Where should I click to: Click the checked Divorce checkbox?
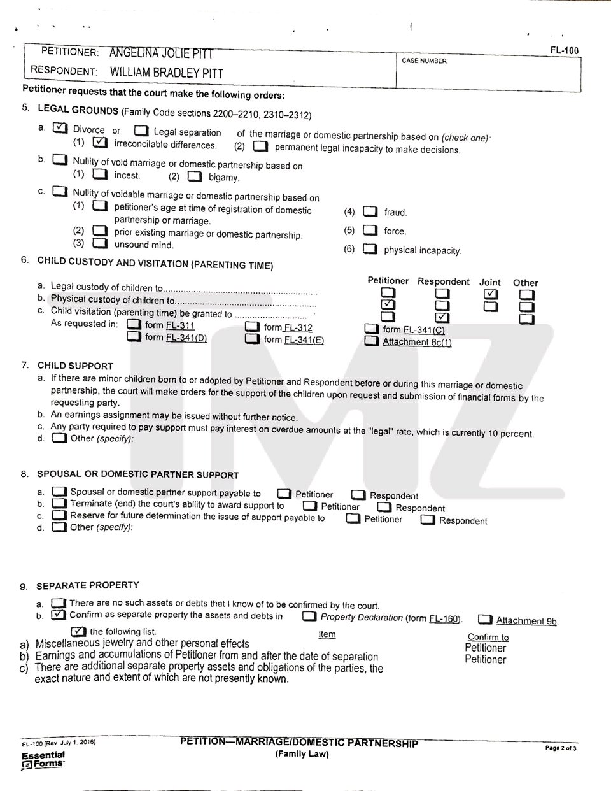click(x=60, y=128)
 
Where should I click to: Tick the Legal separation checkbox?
click(x=141, y=131)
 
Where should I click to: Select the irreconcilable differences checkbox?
click(x=99, y=143)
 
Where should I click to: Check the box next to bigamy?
click(x=195, y=176)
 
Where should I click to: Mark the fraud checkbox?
click(x=370, y=211)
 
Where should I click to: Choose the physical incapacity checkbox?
click(x=370, y=249)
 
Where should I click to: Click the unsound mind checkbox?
click(x=99, y=243)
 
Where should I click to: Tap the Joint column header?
click(x=490, y=282)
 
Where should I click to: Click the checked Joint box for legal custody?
click(x=490, y=294)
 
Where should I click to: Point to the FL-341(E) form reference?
click(x=304, y=340)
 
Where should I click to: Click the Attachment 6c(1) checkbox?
click(x=372, y=341)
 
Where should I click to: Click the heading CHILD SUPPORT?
click(x=75, y=366)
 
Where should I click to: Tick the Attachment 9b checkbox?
click(x=485, y=620)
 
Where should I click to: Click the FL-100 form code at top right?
click(x=565, y=50)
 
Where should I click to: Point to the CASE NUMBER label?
click(x=424, y=61)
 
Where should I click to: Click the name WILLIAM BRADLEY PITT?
click(x=167, y=73)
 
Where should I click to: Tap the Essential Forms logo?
click(x=43, y=759)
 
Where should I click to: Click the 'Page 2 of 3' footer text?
click(x=560, y=748)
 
